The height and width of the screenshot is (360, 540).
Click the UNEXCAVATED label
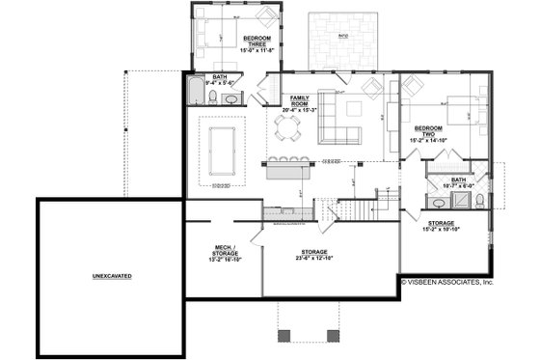point(112,276)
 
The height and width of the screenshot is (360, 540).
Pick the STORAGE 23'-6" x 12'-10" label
point(318,255)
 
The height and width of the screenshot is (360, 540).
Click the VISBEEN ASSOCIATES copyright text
point(447,283)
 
